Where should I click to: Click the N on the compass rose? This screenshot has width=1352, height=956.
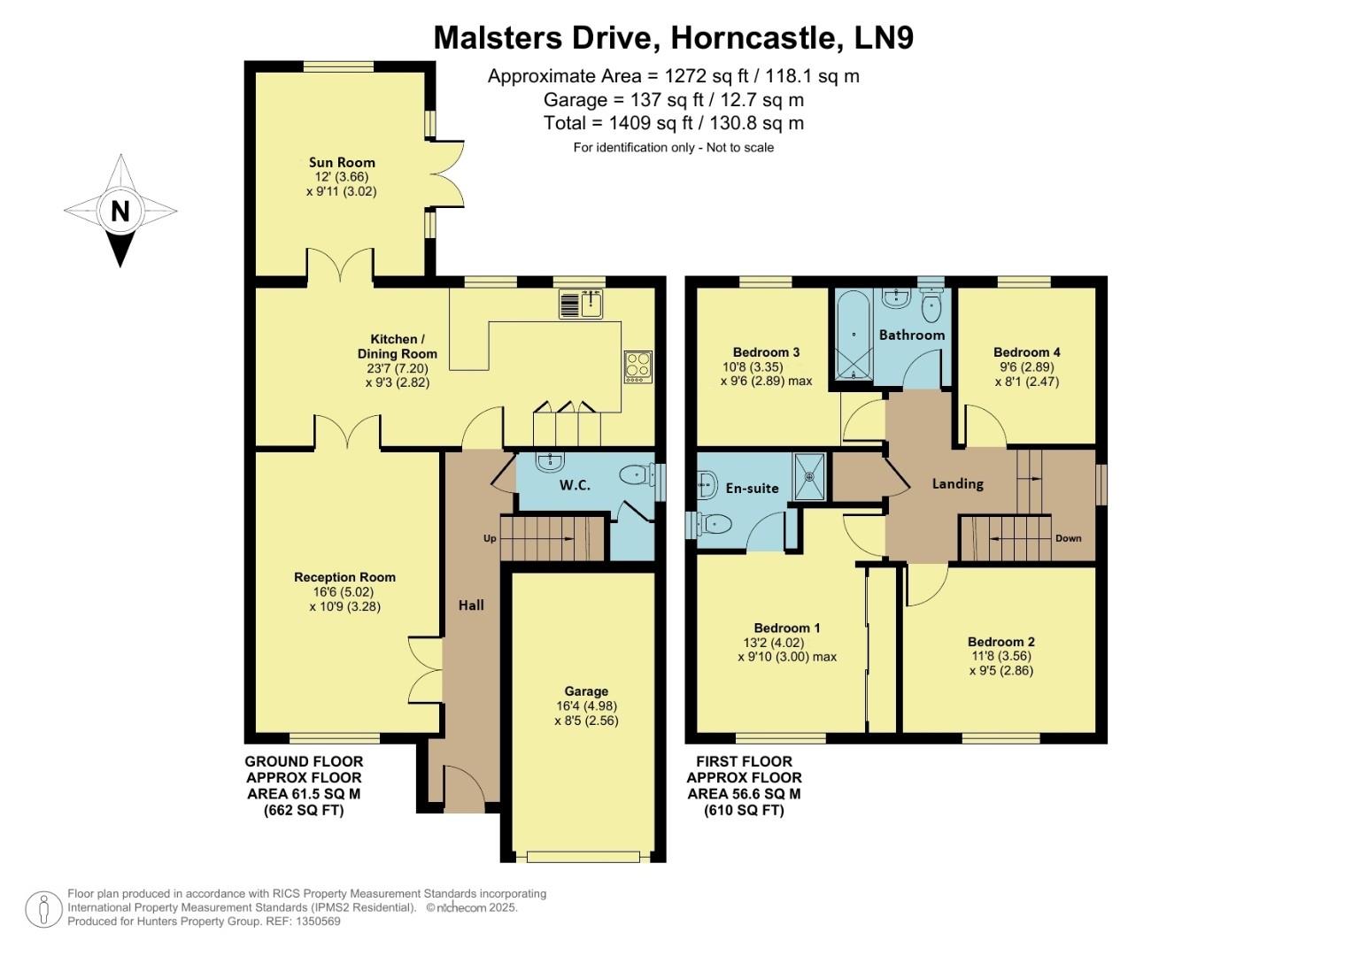[x=120, y=212]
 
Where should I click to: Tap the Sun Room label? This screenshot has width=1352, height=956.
[x=342, y=162]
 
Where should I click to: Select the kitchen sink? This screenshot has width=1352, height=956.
[x=582, y=305]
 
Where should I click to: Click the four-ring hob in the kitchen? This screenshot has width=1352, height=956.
[x=637, y=366]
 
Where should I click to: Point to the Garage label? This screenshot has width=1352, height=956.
[x=586, y=691]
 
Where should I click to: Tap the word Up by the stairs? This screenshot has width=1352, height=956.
[x=490, y=538]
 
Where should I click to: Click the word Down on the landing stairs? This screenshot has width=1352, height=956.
[x=1068, y=538]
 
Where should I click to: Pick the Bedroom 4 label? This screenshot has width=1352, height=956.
[x=1026, y=351]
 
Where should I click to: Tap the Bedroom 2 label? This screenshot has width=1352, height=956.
[x=1000, y=642]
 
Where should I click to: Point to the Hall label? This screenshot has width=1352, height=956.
[x=471, y=605]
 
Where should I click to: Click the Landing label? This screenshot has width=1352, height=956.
[x=957, y=483]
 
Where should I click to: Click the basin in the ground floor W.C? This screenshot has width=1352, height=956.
[x=550, y=461]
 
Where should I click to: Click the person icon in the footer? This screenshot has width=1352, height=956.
[x=42, y=909]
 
